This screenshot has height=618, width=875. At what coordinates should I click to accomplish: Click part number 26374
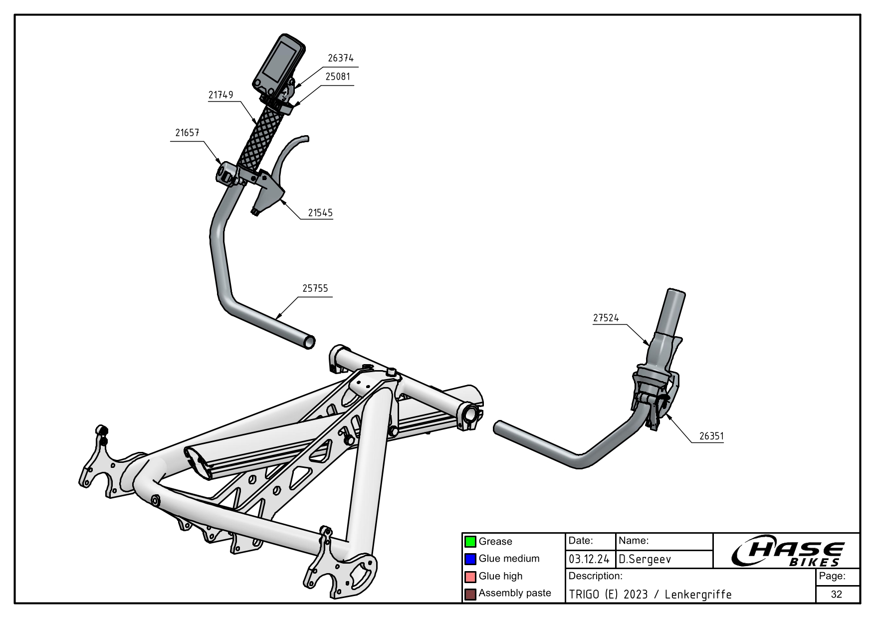click(340, 58)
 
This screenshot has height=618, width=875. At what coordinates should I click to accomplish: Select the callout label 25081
click(337, 77)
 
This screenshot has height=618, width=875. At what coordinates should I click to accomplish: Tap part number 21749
click(220, 95)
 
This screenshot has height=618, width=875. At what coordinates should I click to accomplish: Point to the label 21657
click(187, 133)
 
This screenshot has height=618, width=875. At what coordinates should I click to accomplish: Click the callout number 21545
click(320, 212)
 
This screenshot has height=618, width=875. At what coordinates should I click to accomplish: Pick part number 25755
click(315, 288)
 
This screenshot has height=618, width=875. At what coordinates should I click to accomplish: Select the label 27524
click(606, 318)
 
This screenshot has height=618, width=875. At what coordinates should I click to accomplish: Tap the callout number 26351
click(711, 436)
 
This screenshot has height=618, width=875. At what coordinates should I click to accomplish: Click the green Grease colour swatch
click(470, 542)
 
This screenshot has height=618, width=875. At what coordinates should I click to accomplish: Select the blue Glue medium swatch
click(470, 559)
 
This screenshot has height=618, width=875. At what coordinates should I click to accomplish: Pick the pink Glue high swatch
click(470, 577)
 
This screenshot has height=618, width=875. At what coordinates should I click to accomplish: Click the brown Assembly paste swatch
click(470, 594)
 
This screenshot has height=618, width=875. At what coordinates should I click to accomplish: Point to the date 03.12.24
click(589, 559)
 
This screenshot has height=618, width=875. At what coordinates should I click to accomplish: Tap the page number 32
click(837, 594)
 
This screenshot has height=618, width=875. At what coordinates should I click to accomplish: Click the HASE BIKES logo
click(787, 553)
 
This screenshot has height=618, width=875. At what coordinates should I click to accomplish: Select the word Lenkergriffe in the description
click(698, 595)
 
